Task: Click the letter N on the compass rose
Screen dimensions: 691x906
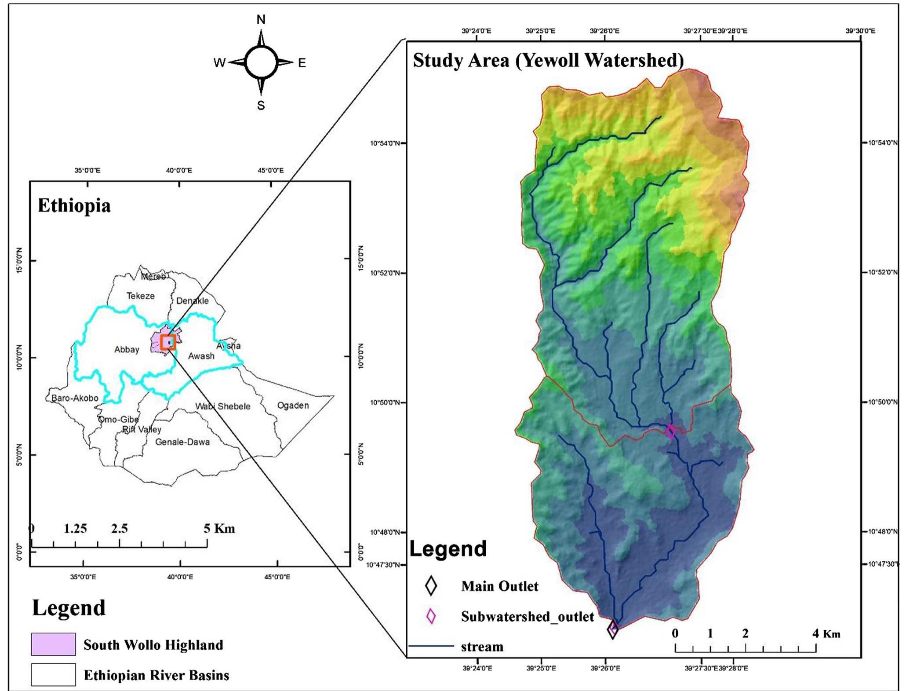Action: [x=261, y=20]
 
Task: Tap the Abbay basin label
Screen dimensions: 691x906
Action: [x=127, y=350]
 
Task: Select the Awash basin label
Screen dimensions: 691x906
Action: [x=201, y=356]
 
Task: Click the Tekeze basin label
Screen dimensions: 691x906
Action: [x=141, y=296]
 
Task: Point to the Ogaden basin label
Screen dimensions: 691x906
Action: [x=293, y=405]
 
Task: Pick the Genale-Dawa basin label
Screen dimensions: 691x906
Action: [x=182, y=442]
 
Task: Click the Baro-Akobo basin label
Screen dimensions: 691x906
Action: [x=75, y=398]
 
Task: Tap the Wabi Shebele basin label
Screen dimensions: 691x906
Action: [x=223, y=406]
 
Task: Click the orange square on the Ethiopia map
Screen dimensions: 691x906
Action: [x=168, y=342]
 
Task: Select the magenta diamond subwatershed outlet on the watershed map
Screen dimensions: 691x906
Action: [x=670, y=431]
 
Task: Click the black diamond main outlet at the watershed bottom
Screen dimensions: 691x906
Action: [x=613, y=630]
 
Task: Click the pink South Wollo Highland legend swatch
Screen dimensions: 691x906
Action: [x=53, y=644]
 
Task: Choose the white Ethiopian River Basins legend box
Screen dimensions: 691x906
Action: [x=53, y=675]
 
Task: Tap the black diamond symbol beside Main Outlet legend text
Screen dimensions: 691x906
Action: [x=431, y=586]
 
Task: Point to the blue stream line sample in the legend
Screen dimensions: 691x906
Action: [x=431, y=646]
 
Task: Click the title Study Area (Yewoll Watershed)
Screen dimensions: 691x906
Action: [x=548, y=60]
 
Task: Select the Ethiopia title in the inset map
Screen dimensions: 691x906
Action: [x=74, y=205]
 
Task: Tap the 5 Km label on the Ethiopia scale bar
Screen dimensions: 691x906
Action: [x=219, y=528]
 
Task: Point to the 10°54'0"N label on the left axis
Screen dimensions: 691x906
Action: [x=385, y=143]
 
